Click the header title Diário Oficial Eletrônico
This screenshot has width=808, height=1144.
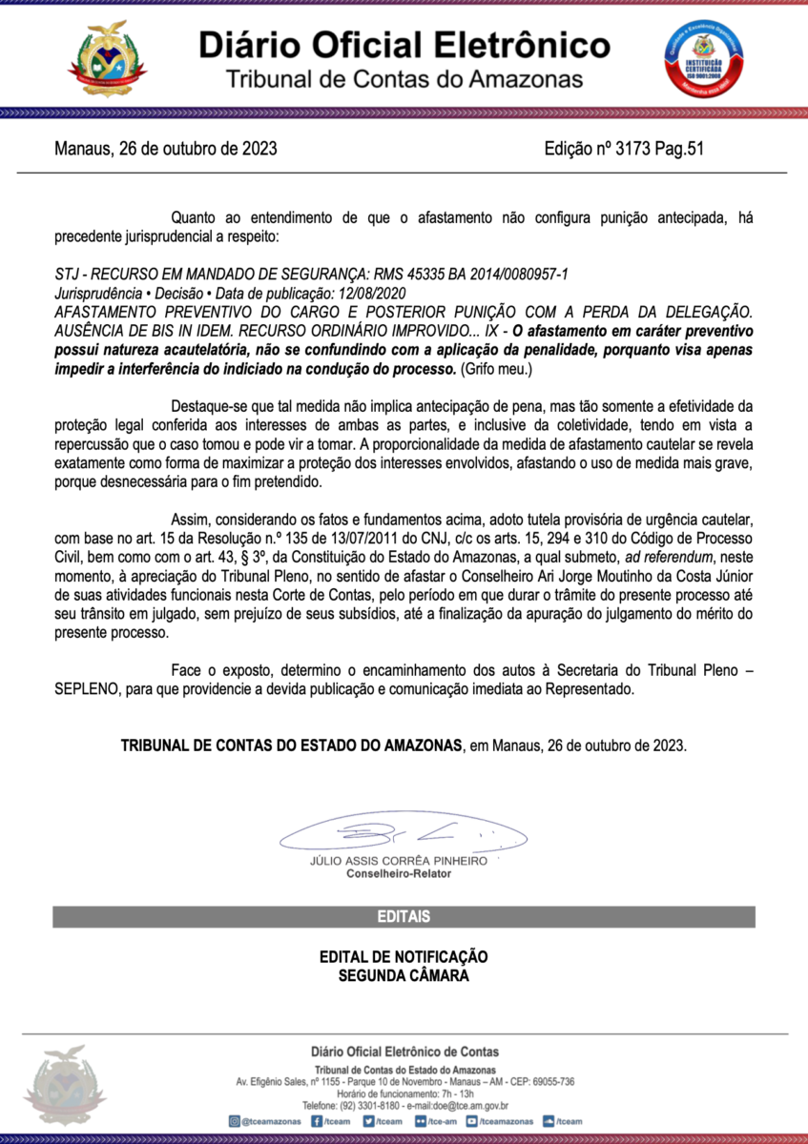[404, 45]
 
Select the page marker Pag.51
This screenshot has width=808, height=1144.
[680, 149]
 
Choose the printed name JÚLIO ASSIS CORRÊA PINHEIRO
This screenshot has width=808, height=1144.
[399, 861]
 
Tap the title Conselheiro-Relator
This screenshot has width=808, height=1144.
[399, 874]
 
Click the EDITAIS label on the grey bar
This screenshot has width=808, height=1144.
[404, 917]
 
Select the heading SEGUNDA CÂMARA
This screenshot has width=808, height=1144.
[404, 975]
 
